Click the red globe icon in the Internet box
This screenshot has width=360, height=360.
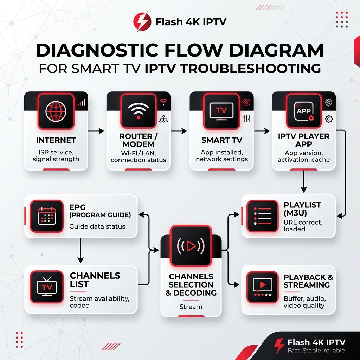(x=56, y=111)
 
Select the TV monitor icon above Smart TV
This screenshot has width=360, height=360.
(x=221, y=111)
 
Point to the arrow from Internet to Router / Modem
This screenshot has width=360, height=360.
(x=96, y=131)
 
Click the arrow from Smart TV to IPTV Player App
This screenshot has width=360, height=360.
(x=262, y=131)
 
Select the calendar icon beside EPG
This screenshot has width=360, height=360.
(x=47, y=216)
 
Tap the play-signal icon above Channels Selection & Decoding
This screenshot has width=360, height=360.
(x=191, y=246)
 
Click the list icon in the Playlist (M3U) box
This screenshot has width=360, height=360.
(x=263, y=216)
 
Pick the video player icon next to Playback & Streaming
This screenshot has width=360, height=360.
(x=262, y=287)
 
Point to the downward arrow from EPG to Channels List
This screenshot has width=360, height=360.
(x=81, y=251)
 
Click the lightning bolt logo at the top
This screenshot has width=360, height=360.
(x=142, y=22)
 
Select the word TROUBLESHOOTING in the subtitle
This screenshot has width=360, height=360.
(x=233, y=69)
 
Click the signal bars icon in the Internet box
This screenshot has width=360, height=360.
(x=82, y=102)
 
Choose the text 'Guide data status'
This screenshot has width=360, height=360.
(x=97, y=226)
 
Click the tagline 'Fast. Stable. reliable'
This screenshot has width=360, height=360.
(x=316, y=351)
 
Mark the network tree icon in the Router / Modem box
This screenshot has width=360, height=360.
(x=163, y=119)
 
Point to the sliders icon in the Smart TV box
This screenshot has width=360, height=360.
(x=246, y=119)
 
